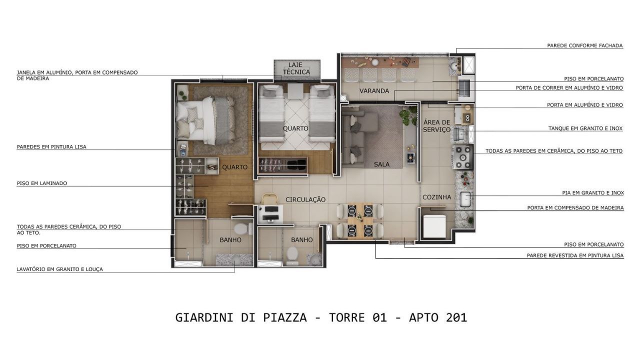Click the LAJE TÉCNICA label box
[297, 69]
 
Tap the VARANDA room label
[374, 91]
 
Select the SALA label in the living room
[381, 164]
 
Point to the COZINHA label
[437, 197]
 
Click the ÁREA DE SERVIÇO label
[437, 126]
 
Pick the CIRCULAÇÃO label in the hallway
[305, 199]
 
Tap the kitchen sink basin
[465, 199]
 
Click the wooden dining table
[360, 220]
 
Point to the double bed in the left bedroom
[205, 120]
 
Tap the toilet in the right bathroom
[292, 255]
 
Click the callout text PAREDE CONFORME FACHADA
[585, 45]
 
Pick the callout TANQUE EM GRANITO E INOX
[585, 128]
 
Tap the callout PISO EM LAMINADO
[42, 183]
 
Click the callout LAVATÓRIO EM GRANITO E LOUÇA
[59, 269]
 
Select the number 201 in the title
[456, 317]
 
